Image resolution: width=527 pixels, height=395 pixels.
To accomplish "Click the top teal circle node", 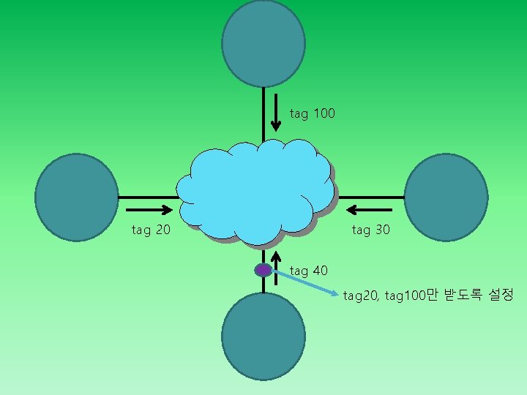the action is (x=263, y=44).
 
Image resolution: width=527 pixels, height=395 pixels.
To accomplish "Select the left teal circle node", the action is (x=76, y=197).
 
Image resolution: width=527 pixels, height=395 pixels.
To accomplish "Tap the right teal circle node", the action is (x=446, y=197).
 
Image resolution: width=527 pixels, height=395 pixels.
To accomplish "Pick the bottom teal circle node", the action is (x=263, y=336).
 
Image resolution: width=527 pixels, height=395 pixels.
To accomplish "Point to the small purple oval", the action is (x=263, y=270).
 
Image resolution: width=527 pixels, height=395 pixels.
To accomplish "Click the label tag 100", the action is (x=313, y=113).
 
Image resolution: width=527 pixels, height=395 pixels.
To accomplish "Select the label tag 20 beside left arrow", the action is (x=151, y=230).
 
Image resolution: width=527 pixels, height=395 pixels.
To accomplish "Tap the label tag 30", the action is (x=371, y=230).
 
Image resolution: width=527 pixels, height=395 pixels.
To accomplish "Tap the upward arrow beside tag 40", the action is (x=276, y=267).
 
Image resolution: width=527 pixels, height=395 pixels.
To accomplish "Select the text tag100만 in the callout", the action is (x=410, y=296).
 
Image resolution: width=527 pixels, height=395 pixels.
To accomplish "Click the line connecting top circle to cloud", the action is (x=263, y=113).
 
